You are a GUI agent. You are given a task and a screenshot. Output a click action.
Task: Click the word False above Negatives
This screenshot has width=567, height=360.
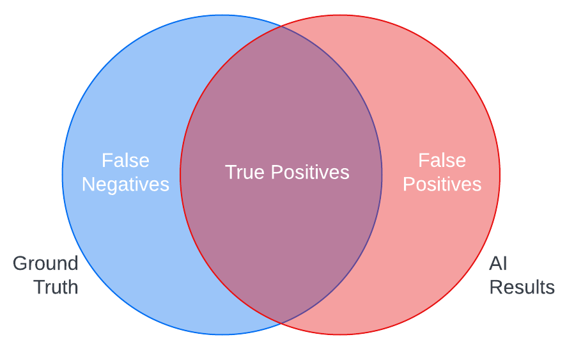click(x=125, y=160)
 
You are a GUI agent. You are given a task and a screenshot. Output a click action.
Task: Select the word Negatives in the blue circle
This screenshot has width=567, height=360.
click(x=125, y=184)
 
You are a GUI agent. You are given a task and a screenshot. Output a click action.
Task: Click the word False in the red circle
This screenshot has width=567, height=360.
click(x=442, y=160)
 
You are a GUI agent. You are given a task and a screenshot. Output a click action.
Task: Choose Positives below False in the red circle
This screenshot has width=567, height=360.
click(x=442, y=184)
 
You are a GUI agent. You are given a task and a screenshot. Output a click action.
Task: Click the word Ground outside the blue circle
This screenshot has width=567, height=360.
click(x=45, y=263)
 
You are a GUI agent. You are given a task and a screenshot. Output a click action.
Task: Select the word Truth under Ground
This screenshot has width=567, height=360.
click(x=56, y=287)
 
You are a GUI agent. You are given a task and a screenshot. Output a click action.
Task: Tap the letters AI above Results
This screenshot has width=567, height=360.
click(x=498, y=263)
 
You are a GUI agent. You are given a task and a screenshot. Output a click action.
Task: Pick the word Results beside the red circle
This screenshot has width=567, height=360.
click(x=522, y=287)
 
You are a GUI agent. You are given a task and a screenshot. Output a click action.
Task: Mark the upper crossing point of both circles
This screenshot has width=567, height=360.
click(x=281, y=27)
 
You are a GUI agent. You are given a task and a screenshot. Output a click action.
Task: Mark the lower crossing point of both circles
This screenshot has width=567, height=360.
click(x=281, y=322)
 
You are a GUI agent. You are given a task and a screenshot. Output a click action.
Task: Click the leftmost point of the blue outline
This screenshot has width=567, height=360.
click(x=62, y=175)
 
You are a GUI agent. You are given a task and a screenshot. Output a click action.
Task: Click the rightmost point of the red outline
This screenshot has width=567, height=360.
click(x=500, y=175)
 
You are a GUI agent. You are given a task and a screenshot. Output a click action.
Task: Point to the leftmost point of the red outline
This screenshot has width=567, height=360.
click(x=180, y=175)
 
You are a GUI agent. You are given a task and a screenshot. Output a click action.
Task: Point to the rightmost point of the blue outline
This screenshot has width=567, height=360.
click(x=382, y=175)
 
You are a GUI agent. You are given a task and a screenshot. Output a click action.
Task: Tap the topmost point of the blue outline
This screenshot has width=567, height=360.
click(x=222, y=15)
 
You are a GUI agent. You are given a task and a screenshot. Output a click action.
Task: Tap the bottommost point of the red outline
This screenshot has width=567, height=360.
click(x=340, y=334)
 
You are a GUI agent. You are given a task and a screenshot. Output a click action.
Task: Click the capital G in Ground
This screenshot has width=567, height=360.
click(x=20, y=263)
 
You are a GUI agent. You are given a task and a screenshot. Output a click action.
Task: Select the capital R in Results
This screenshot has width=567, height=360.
click(x=495, y=287)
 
